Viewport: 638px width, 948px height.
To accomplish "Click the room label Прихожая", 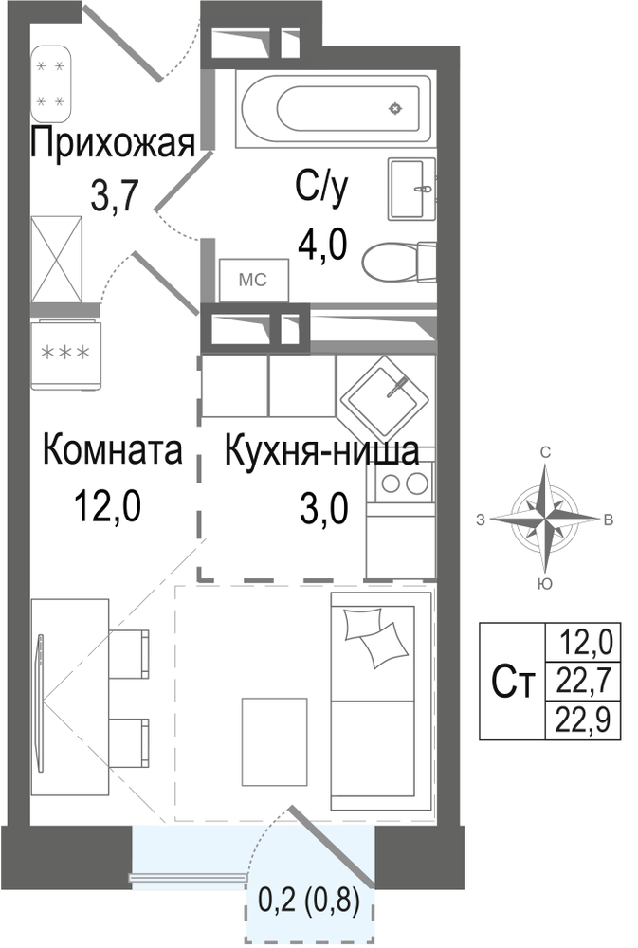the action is (113, 144).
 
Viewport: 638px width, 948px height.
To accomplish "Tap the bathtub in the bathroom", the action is (337, 108).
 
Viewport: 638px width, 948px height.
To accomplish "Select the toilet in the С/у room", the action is (399, 262).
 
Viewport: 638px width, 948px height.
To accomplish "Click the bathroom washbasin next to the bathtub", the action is (411, 190).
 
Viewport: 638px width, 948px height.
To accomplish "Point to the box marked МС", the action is (253, 280).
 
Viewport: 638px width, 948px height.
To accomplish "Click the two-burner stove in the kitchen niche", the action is (401, 483).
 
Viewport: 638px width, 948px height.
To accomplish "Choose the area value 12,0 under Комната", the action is (108, 505).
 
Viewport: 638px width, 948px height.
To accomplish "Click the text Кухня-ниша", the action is (321, 450).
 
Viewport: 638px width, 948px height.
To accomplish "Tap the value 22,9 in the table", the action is (583, 720).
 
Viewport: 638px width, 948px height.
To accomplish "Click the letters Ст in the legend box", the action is (514, 682).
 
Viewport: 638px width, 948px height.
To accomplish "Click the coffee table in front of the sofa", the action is (274, 741).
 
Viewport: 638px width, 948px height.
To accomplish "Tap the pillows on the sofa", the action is (375, 637).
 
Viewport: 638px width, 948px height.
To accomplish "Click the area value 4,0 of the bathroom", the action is (321, 245).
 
